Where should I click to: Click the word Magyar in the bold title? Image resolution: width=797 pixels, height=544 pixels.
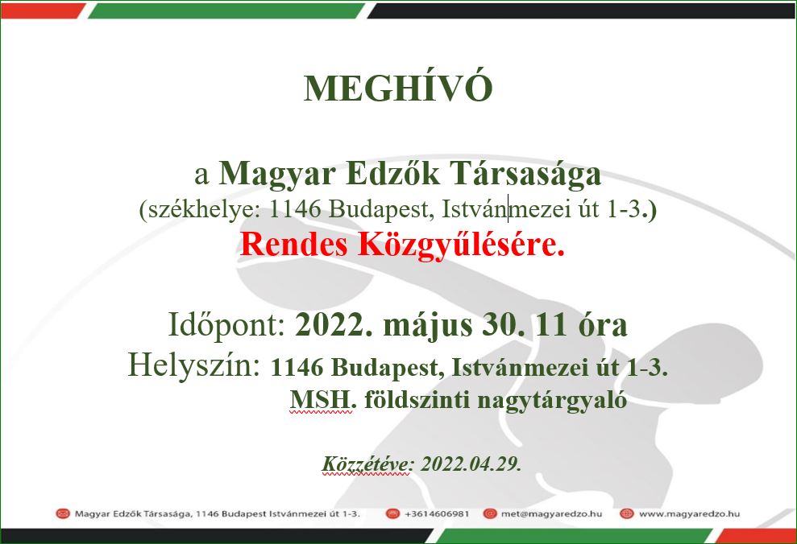[x=277, y=175]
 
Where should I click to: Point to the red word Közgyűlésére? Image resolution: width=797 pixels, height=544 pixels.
[x=461, y=245]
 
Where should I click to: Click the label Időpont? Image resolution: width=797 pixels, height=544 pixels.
[x=226, y=325]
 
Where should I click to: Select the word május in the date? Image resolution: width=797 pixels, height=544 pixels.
[x=427, y=326]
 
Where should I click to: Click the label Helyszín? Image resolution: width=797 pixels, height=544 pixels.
[x=194, y=366]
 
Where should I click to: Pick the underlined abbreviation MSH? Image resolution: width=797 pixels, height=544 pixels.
[x=321, y=400]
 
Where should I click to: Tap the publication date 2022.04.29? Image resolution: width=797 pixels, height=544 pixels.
[x=471, y=464]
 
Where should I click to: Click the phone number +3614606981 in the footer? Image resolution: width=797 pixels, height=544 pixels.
[x=437, y=513]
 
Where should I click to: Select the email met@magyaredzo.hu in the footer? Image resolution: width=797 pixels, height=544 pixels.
[x=551, y=513]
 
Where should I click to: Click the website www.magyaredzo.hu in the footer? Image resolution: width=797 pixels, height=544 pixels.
[x=689, y=513]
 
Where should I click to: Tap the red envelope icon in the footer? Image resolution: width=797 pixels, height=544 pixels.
[x=63, y=513]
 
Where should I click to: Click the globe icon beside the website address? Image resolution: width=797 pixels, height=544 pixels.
[x=627, y=513]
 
